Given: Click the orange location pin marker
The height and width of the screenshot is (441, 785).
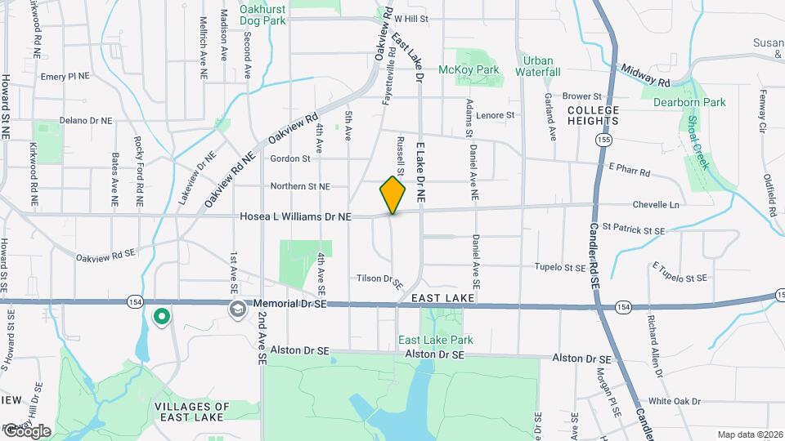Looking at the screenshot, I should [x=392, y=194].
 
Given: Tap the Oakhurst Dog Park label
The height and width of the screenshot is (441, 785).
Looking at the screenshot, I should [x=262, y=15].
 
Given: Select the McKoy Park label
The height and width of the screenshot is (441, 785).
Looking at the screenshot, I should [x=469, y=70].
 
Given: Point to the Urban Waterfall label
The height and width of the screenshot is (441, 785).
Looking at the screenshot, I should [x=537, y=66].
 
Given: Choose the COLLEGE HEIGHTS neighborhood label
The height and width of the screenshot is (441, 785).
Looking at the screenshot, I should [x=593, y=115].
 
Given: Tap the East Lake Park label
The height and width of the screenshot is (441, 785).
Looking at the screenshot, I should [x=436, y=340].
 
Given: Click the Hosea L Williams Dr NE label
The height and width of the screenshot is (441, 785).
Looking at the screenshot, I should [x=295, y=217].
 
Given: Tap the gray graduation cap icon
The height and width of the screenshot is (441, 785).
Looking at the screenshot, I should [x=237, y=309].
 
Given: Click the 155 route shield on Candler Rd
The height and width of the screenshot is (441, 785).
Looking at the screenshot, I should [x=603, y=140].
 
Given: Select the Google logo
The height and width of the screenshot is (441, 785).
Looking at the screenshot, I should [x=26, y=430].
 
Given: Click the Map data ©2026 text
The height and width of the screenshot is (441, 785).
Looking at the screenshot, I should [x=748, y=434].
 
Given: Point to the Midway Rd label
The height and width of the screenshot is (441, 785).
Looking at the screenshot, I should [x=646, y=77].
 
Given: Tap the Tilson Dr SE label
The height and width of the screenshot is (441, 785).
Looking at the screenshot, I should [x=380, y=280].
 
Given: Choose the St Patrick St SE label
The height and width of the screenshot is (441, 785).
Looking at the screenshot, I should [x=634, y=230].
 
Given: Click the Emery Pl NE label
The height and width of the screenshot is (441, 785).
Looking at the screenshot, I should [x=65, y=76].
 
